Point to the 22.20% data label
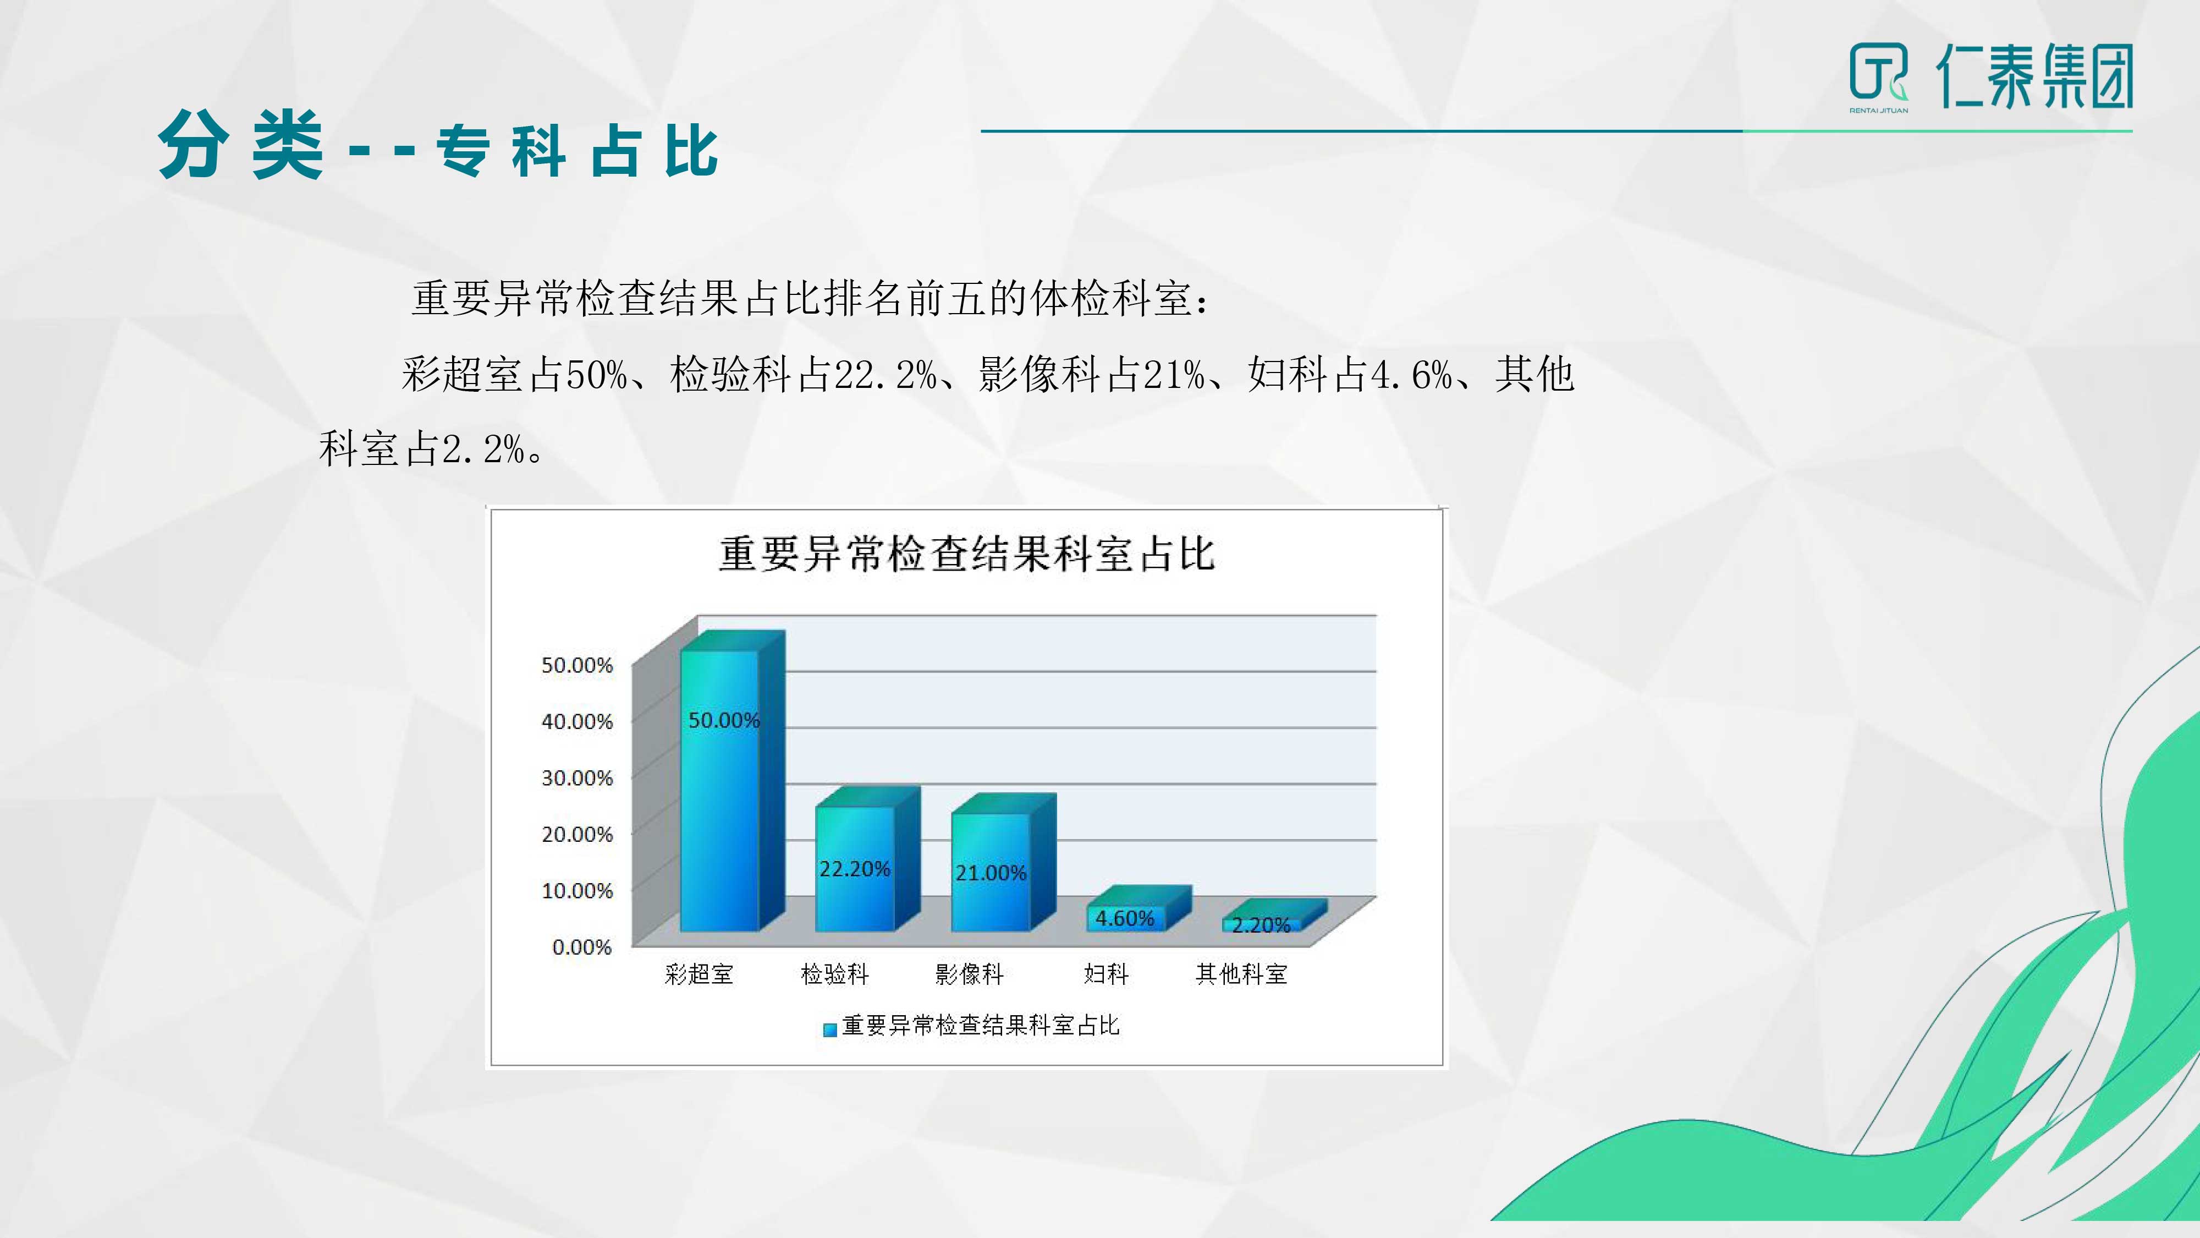(855, 869)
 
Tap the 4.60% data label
(1125, 918)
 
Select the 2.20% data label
(1261, 925)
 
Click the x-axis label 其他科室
(1241, 974)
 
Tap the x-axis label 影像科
(969, 974)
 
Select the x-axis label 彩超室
(698, 974)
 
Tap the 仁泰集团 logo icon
(1878, 75)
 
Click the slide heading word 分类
(241, 145)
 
